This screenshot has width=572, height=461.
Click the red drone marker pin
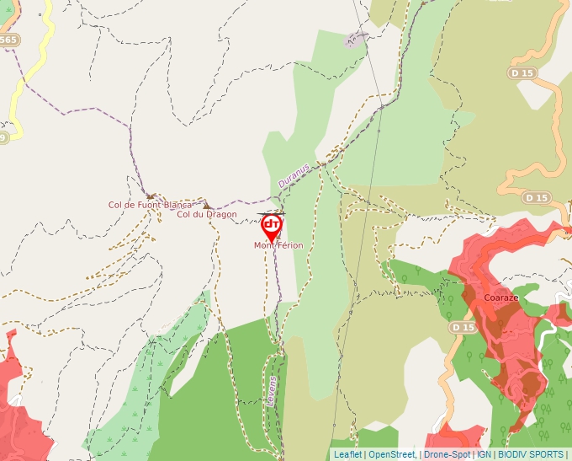[x=272, y=226]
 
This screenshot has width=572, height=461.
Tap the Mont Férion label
[x=278, y=245]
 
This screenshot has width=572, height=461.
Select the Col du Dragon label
[x=207, y=214]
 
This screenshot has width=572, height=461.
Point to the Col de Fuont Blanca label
[x=151, y=204]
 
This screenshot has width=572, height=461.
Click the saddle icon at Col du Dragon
[x=206, y=205]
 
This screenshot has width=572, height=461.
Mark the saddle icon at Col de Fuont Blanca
[x=151, y=196]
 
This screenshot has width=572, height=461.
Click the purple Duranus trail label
[x=294, y=175]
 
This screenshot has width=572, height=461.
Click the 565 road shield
[x=8, y=40]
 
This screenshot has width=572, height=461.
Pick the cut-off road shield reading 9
[x=3, y=137]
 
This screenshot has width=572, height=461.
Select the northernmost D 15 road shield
[x=522, y=73]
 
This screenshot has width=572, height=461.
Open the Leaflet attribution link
[x=347, y=454]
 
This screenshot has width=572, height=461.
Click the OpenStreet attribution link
[x=391, y=454]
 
